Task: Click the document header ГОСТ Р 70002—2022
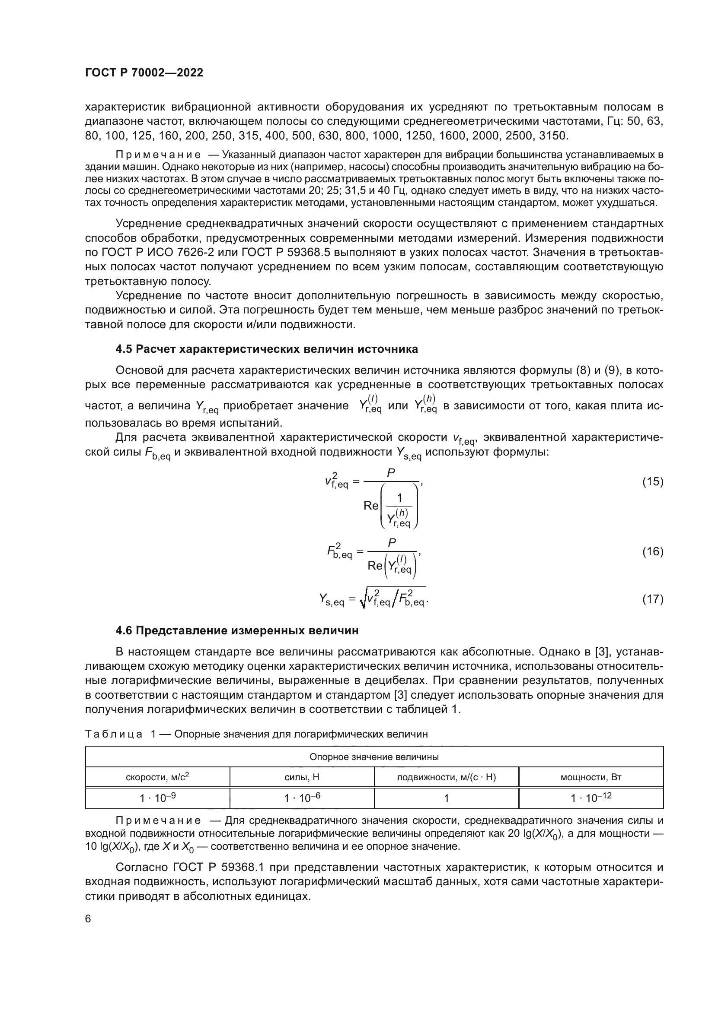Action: pyautogui.click(x=144, y=73)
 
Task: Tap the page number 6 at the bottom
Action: pyautogui.click(x=88, y=919)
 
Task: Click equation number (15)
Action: pyautogui.click(x=652, y=482)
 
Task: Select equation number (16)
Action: pyautogui.click(x=652, y=551)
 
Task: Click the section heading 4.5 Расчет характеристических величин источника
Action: pyautogui.click(x=266, y=349)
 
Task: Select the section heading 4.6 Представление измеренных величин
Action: pyautogui.click(x=237, y=630)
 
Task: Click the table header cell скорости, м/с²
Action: pyautogui.click(x=157, y=777)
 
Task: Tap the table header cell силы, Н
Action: pyautogui.click(x=302, y=777)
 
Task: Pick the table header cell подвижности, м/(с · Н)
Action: pyautogui.click(x=446, y=777)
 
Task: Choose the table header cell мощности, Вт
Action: pyautogui.click(x=591, y=777)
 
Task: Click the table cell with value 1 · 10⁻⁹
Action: pyautogui.click(x=157, y=798)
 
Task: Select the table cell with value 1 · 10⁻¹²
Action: pyautogui.click(x=591, y=798)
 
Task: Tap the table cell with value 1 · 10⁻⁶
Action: pyautogui.click(x=302, y=798)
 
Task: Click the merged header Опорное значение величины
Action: pyautogui.click(x=374, y=757)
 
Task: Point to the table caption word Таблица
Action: pyautogui.click(x=113, y=734)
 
